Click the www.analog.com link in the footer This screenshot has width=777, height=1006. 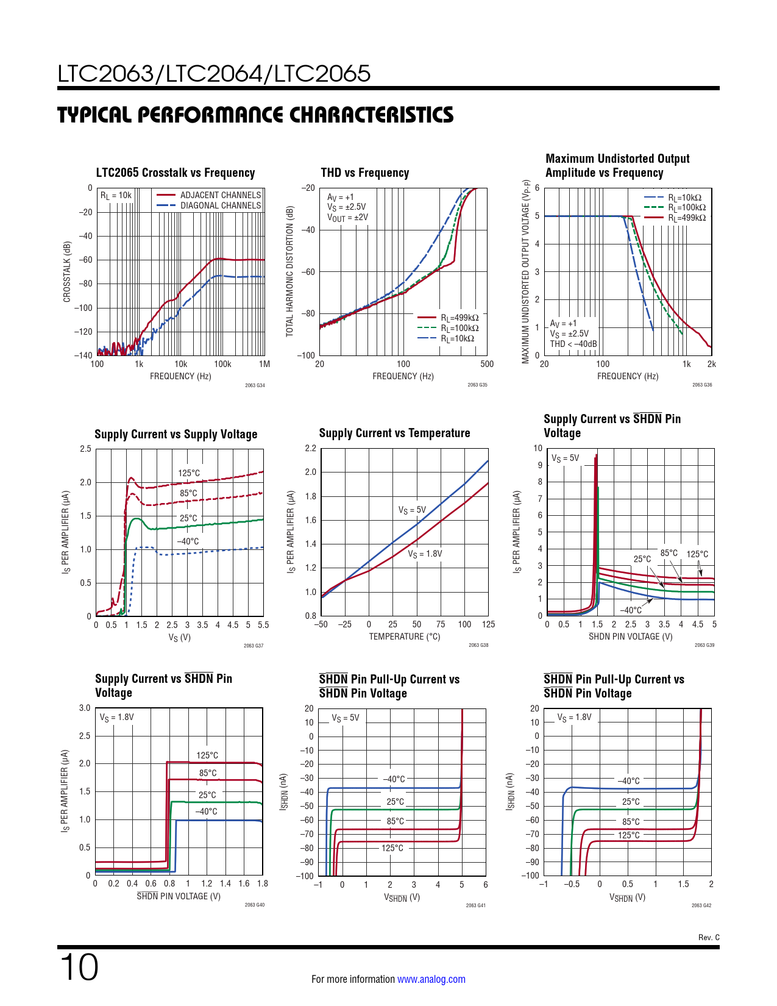(431, 979)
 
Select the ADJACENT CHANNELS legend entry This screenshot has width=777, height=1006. (220, 195)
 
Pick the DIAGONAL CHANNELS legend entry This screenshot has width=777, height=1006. (220, 205)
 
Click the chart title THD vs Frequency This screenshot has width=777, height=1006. (364, 173)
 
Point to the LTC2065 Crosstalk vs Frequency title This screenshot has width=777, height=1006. (176, 173)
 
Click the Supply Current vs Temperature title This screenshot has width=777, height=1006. (394, 433)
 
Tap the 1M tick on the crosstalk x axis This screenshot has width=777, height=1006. (264, 364)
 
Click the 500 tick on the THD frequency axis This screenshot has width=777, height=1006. (487, 364)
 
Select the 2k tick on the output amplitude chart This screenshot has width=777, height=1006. (711, 364)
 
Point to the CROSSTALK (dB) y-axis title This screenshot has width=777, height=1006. (67, 271)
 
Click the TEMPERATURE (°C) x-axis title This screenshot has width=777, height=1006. (404, 637)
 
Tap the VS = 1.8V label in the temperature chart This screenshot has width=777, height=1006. (425, 554)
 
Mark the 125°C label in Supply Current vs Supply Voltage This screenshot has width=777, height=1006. (189, 473)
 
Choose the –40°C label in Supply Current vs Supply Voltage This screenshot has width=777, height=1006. (188, 541)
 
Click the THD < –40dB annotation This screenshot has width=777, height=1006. (573, 344)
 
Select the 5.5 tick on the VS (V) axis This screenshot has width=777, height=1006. (263, 625)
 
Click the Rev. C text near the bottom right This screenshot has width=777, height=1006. (709, 938)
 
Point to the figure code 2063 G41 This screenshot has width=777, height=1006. (475, 905)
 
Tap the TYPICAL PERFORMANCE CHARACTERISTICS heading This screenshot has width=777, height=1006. (255, 115)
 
